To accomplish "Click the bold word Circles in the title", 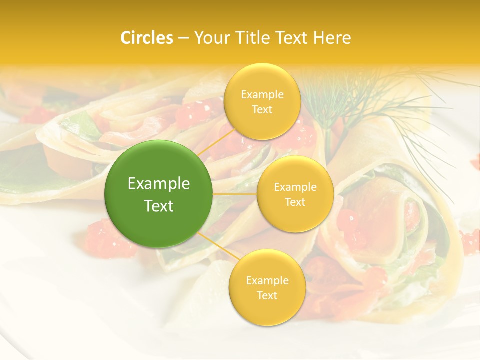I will (x=146, y=38).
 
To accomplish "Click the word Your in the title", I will (x=210, y=38).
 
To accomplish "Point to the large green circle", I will (x=159, y=194).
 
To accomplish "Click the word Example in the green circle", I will (x=159, y=184).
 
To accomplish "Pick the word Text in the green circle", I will (x=159, y=206).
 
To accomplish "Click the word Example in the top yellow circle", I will (x=262, y=94).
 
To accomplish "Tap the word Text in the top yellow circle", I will (x=262, y=109).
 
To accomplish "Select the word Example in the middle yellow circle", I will (x=295, y=187).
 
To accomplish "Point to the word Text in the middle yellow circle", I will (x=295, y=202).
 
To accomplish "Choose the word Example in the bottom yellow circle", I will (x=267, y=280).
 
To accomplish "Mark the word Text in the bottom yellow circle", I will (x=267, y=295).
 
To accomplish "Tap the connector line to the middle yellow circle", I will (x=235, y=194).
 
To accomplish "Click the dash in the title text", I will (x=183, y=38).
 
